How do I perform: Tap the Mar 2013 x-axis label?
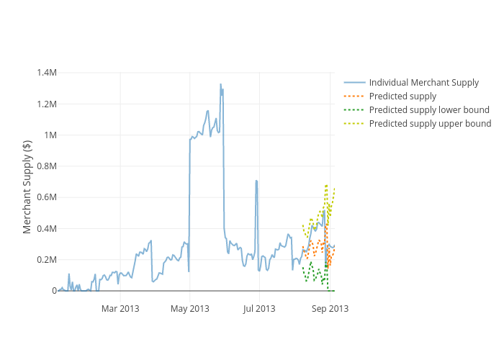(120, 309)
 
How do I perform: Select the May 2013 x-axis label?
(189, 309)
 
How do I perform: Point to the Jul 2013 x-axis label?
(258, 309)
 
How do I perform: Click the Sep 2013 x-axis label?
(330, 309)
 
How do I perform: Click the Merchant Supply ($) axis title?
(28, 186)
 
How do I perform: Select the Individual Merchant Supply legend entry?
(423, 83)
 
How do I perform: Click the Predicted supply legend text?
(402, 96)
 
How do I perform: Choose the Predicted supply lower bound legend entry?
(429, 110)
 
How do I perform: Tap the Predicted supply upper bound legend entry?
(430, 124)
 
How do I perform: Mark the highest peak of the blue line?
(221, 84)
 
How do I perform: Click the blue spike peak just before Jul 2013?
(256, 180)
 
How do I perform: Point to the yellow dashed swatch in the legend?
(354, 124)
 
